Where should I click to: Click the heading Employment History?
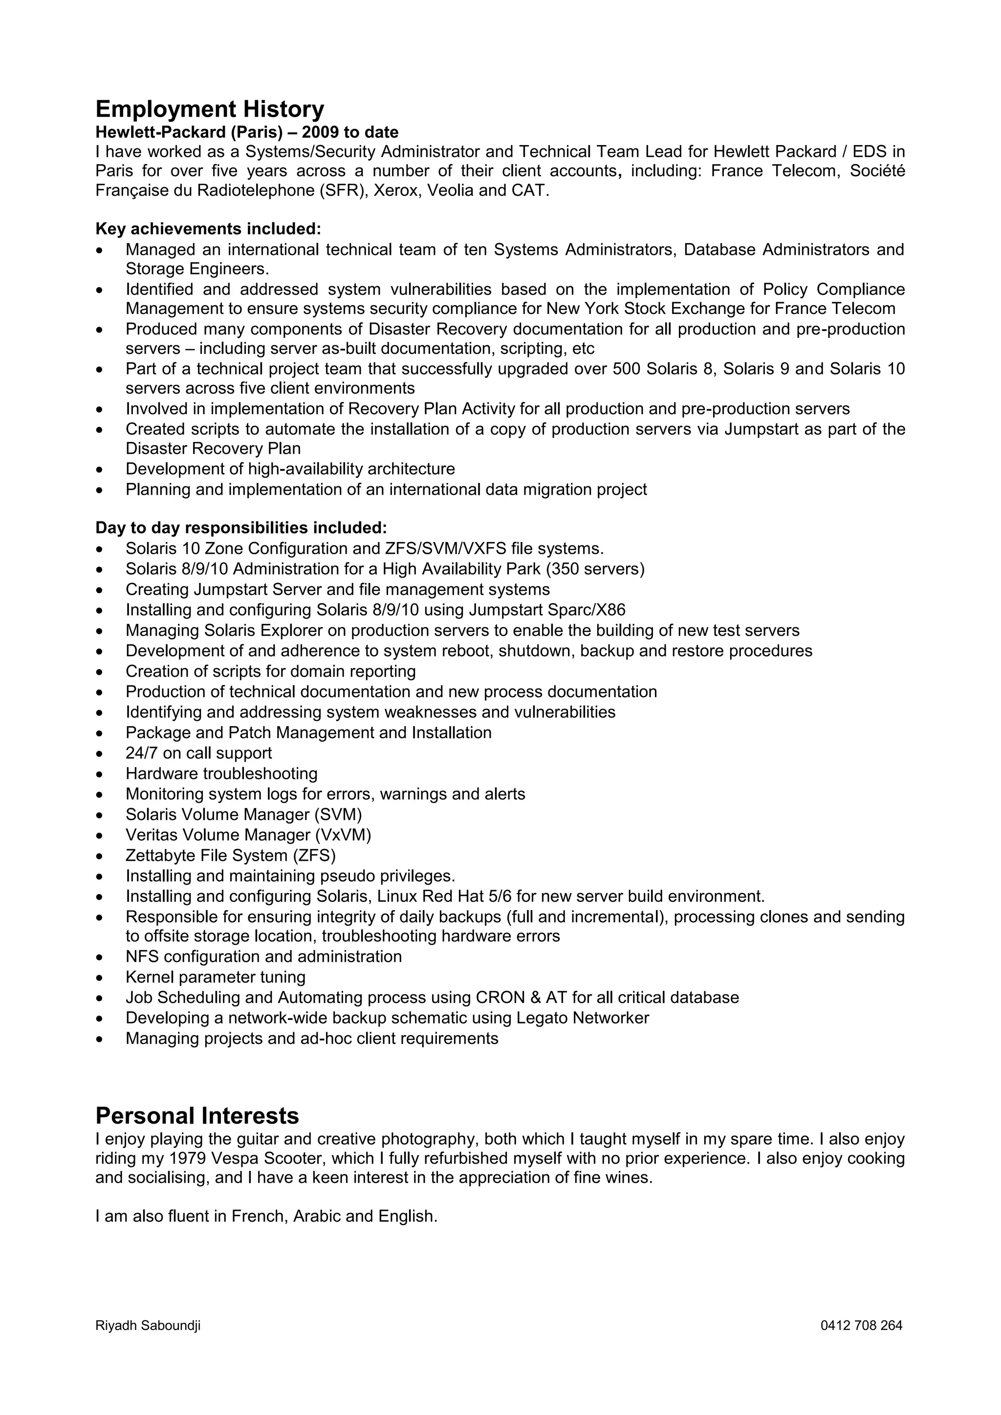tap(209, 110)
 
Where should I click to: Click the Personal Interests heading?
tap(197, 1116)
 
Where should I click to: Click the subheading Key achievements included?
tap(208, 229)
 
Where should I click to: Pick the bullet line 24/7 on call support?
tap(198, 753)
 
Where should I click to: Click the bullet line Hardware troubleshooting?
tap(221, 773)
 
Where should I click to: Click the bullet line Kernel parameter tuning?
tap(215, 977)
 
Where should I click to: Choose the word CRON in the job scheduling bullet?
tap(500, 997)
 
